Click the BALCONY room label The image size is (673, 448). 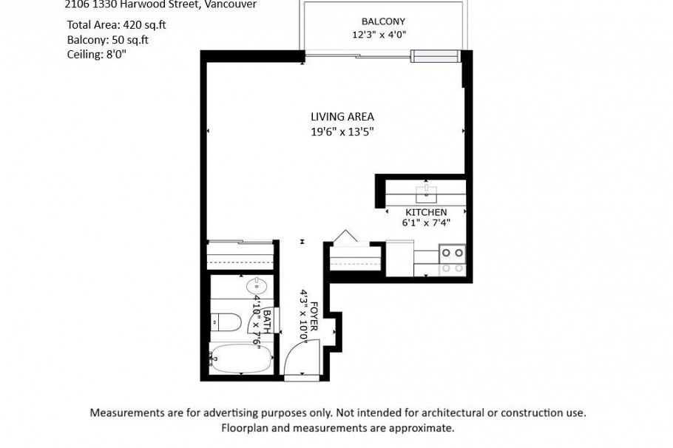383,21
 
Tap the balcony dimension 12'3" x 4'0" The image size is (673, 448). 379,35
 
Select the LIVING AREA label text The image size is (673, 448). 342,117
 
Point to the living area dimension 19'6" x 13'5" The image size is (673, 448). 342,132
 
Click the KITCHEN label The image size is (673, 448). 426,212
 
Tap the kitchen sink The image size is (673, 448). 427,194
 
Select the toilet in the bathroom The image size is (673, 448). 226,323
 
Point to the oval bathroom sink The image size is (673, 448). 256,285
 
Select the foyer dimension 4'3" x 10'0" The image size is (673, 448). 302,315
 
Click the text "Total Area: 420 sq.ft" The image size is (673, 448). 116,24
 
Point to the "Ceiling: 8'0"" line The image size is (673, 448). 96,54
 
